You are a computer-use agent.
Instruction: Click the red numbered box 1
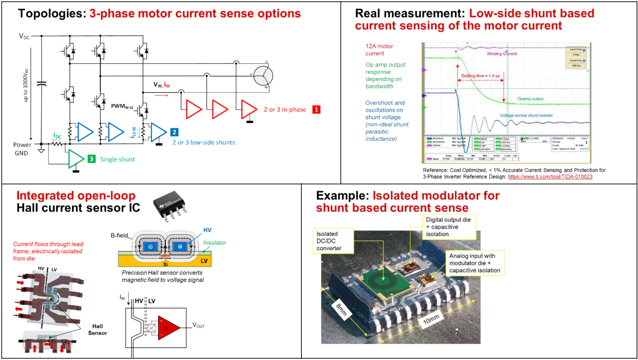(x=316, y=110)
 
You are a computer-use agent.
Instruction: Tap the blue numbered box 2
(x=174, y=132)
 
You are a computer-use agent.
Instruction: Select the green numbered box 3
(x=91, y=159)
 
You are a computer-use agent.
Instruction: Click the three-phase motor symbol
(x=263, y=76)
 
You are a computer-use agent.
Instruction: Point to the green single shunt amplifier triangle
(x=75, y=159)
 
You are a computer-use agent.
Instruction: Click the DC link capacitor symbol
(x=41, y=84)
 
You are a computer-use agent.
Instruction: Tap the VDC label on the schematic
(x=24, y=36)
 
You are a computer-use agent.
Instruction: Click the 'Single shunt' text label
(x=118, y=159)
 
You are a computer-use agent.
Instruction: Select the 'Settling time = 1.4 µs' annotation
(x=480, y=76)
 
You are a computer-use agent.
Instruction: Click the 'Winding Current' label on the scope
(x=502, y=54)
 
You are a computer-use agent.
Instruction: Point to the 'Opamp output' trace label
(x=530, y=99)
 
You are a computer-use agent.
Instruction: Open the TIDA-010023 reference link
(x=550, y=177)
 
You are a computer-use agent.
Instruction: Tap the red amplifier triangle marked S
(x=167, y=327)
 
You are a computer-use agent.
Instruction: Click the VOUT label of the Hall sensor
(x=198, y=325)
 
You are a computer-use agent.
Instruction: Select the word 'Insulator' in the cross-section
(x=215, y=243)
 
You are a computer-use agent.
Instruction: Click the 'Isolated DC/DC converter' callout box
(x=333, y=241)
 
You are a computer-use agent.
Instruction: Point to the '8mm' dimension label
(x=341, y=310)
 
